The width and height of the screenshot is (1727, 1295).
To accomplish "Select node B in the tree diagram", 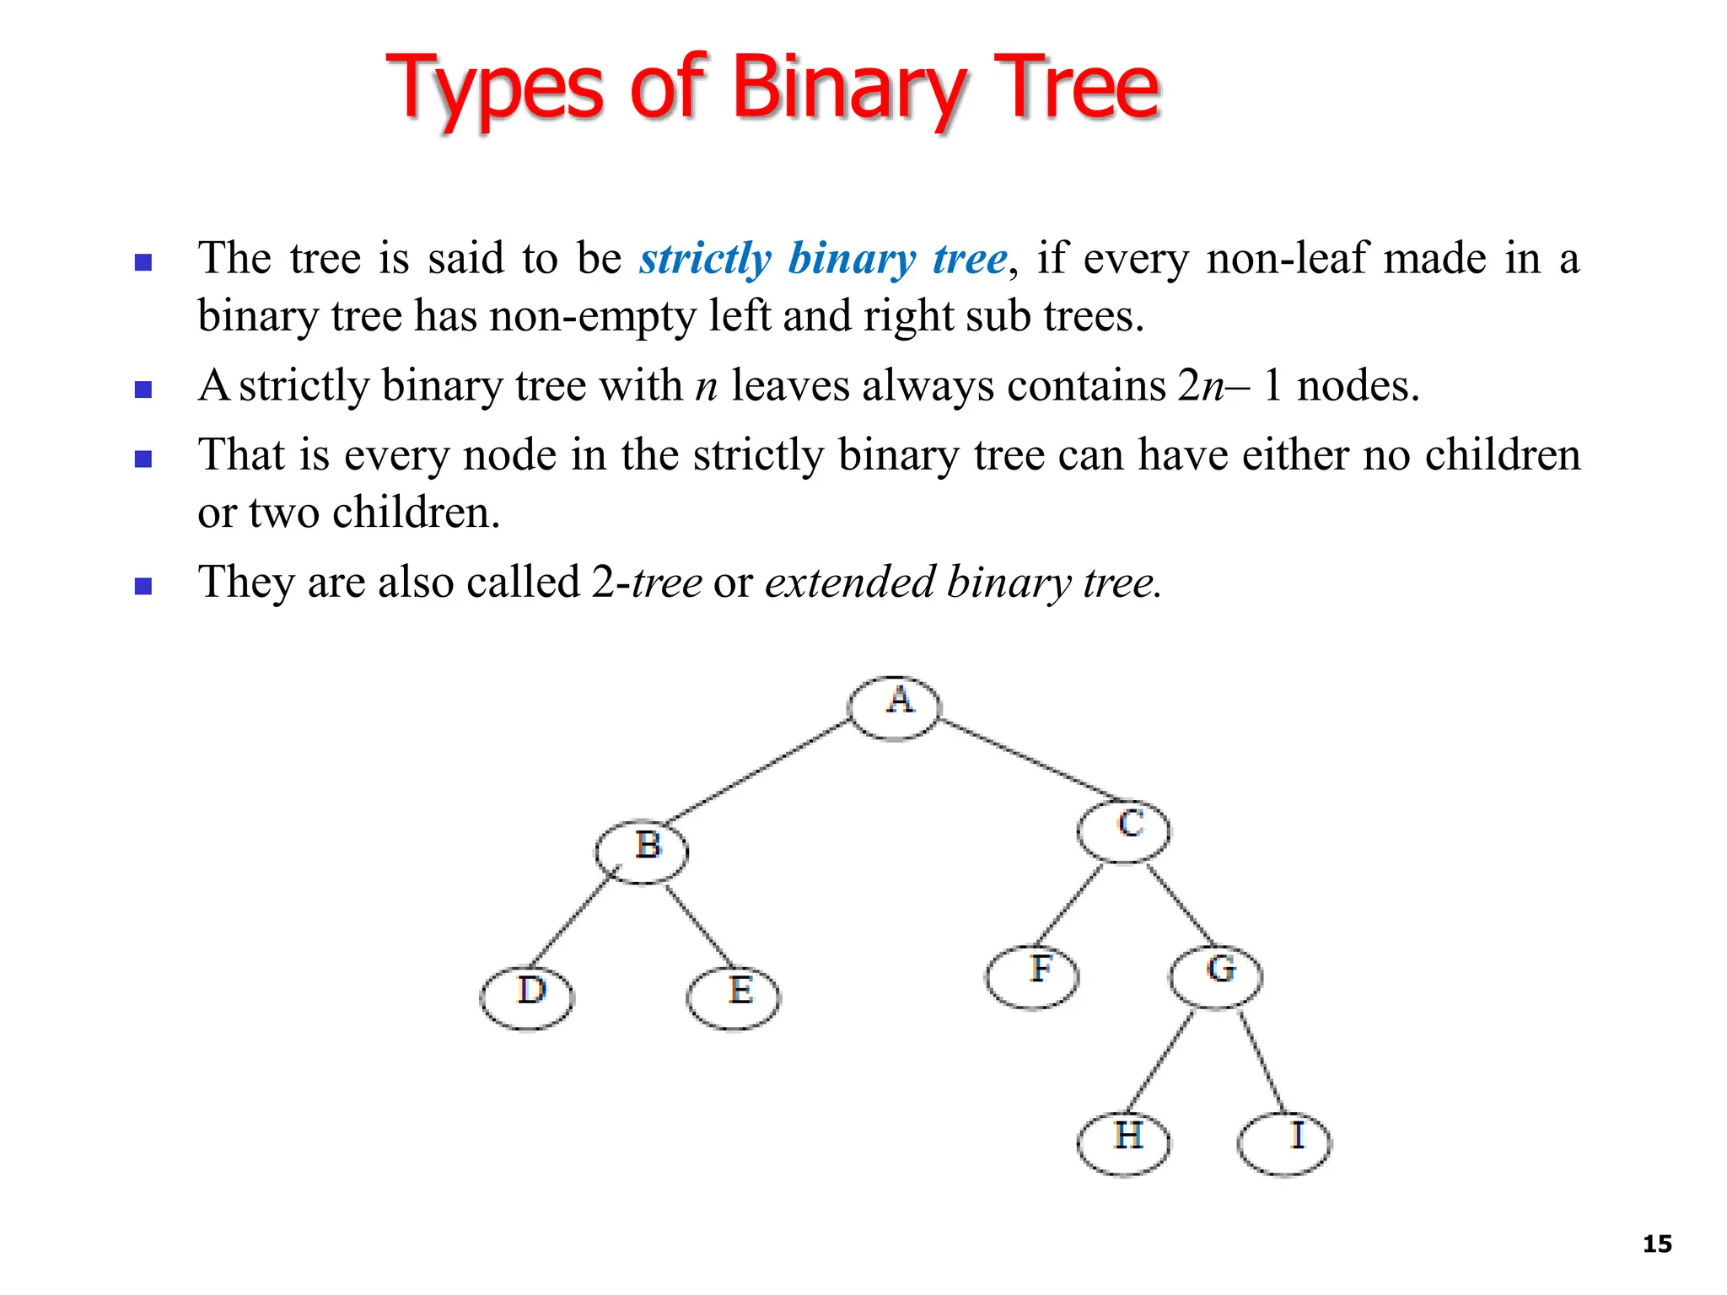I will pos(642,851).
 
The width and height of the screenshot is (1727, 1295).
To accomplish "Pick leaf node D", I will pos(527,997).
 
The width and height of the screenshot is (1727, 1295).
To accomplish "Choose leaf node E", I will pos(734,997).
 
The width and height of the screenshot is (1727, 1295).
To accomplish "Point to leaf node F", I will pos(1032,976).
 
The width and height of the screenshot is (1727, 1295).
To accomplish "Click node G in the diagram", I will pos(1216,975).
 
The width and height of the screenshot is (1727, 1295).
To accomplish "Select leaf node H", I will pos(1124,1143).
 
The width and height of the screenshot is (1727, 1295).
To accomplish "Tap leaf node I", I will pos(1284,1143).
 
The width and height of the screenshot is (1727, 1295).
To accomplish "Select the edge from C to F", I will pos(1069,904).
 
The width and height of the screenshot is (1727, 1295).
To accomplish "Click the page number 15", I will pos(1657,1244).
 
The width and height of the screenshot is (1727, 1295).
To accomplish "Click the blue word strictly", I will pos(705,259).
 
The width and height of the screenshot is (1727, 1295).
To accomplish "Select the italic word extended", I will pos(850,582).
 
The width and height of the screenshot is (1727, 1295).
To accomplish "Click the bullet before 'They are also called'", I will pos(143,586).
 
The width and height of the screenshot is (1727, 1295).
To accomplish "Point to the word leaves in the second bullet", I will pos(790,386).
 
